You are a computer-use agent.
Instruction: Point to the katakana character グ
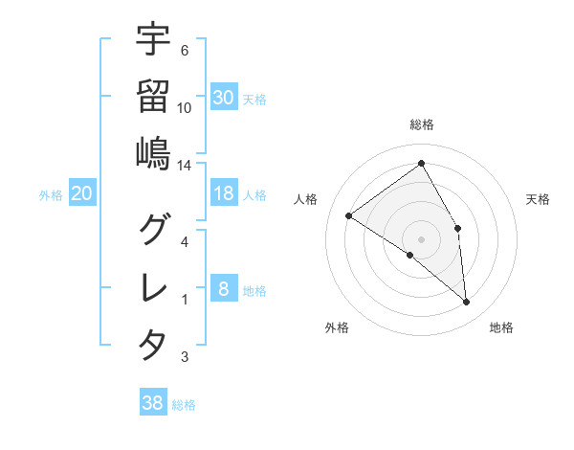coord(153,228)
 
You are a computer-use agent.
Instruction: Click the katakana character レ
coord(153,286)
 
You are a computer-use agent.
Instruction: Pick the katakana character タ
coord(153,344)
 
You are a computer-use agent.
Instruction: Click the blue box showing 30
coord(224,97)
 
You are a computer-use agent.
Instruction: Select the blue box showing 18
coord(224,193)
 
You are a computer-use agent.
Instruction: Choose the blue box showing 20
coord(82,193)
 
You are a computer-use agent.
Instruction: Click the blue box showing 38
coord(153,403)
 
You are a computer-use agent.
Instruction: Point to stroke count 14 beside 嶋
coord(184,165)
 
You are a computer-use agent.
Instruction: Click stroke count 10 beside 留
coord(185,107)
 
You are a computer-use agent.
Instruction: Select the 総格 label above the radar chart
coord(421,124)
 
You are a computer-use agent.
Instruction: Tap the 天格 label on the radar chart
coord(539,199)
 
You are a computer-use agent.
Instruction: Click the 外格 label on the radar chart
coord(337,327)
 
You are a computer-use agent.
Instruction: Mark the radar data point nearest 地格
coord(467,303)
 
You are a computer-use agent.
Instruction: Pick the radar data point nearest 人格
coord(349,215)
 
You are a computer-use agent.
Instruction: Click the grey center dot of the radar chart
coord(421,238)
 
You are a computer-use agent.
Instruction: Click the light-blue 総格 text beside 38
coord(185,405)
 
